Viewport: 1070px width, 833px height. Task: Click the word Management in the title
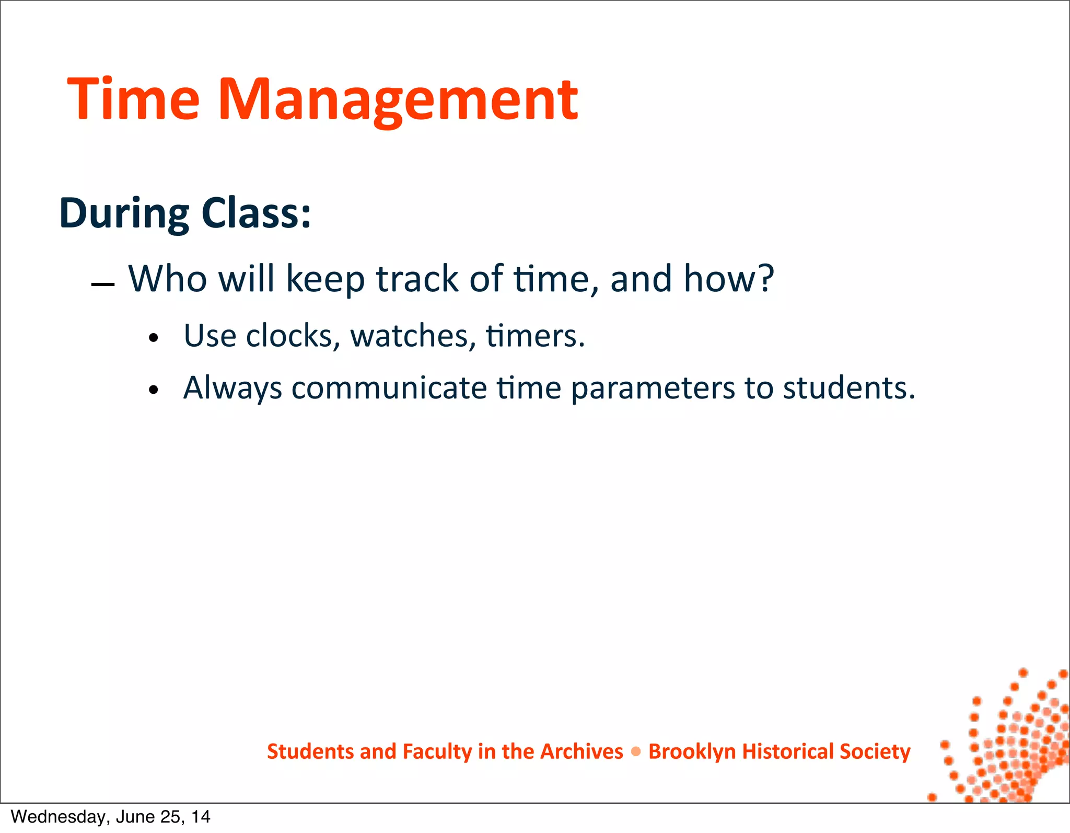(398, 99)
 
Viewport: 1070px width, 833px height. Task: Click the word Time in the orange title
(134, 99)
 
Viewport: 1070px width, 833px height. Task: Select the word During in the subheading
(124, 213)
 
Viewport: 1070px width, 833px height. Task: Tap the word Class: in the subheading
(256, 213)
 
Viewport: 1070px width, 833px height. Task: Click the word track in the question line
(417, 278)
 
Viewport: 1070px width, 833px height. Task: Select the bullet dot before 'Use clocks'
(153, 338)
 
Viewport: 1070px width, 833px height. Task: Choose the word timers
(534, 336)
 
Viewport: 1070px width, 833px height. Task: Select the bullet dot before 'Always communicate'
(153, 390)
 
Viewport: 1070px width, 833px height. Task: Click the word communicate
(389, 388)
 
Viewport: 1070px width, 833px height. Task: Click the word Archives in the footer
(581, 751)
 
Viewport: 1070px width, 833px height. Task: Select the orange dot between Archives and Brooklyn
(636, 752)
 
